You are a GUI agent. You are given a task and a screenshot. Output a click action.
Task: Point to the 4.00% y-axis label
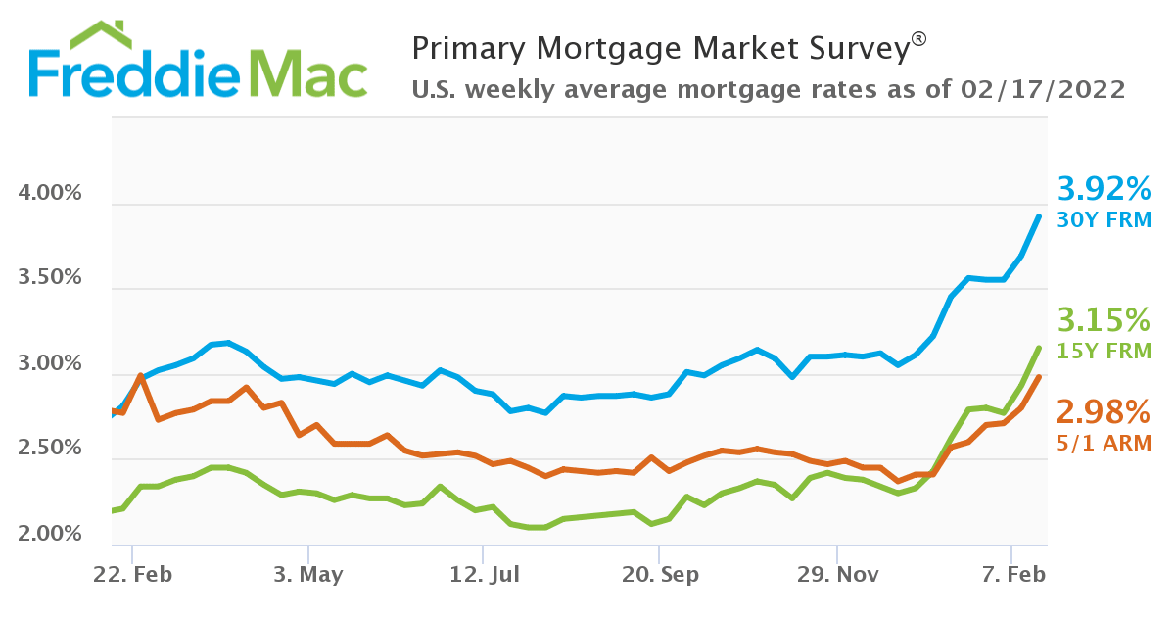[50, 193]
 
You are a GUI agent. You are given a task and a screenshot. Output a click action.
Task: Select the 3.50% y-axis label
[50, 277]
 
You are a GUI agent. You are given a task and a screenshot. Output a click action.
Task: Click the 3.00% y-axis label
[50, 363]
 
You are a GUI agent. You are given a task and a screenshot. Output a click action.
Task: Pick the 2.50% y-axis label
[50, 449]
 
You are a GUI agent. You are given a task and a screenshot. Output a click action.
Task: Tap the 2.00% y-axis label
[50, 534]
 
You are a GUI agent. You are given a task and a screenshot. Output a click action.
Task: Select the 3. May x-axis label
[307, 575]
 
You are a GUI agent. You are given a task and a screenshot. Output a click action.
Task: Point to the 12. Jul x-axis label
[483, 575]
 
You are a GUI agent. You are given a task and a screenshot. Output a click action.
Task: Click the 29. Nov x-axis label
[836, 575]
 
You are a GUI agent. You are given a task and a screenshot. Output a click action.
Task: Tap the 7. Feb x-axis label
[1012, 575]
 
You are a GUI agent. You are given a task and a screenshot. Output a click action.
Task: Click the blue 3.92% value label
[1104, 188]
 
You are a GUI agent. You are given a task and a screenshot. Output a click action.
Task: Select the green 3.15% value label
[1104, 320]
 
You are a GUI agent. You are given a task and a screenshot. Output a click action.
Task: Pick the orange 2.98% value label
[1104, 409]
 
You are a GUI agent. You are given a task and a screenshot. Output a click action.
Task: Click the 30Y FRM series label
[1104, 219]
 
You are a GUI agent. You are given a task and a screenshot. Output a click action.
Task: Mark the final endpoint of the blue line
[1039, 216]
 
